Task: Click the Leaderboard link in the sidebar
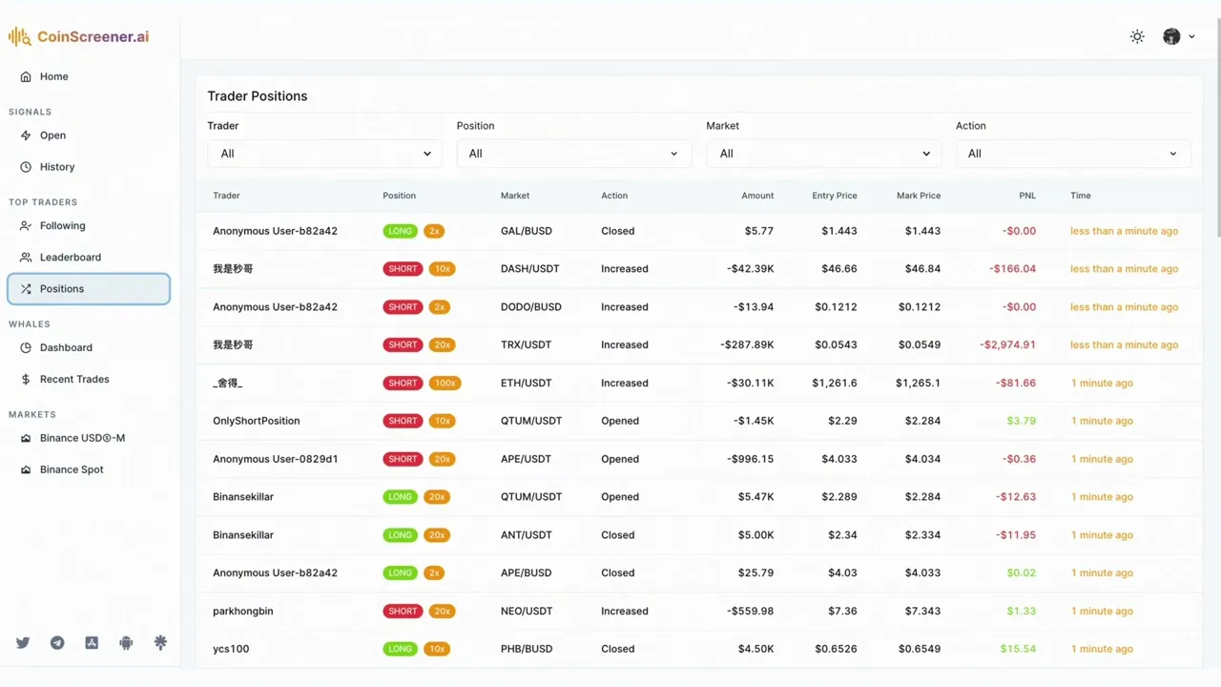point(70,258)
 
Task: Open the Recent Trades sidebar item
point(73,380)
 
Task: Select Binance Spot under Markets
point(72,469)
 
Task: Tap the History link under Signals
point(56,167)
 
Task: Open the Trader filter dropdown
point(324,154)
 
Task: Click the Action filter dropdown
point(1073,154)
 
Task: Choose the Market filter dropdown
point(823,154)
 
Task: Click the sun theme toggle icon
point(1137,37)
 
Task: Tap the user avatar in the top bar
point(1171,37)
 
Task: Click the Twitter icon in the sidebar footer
point(23,643)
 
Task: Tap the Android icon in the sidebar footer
point(126,643)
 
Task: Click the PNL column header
point(1026,196)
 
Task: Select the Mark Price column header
point(918,196)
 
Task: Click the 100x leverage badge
point(445,384)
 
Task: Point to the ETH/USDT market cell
point(527,384)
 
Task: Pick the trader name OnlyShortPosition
point(256,421)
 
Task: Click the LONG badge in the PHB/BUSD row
point(401,649)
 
